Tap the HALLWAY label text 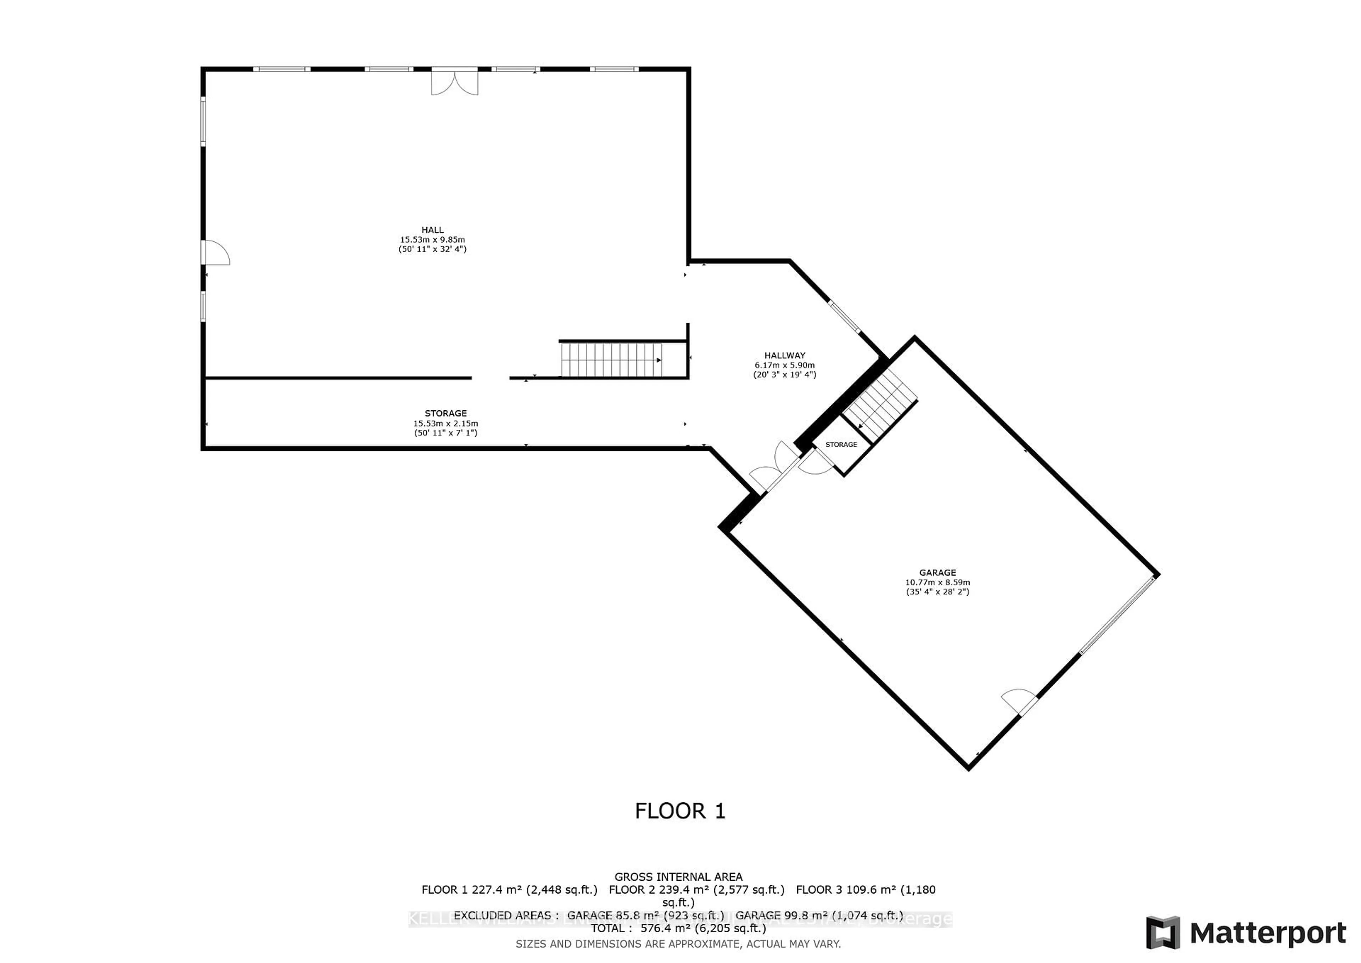tap(784, 356)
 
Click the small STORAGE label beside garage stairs tap(841, 444)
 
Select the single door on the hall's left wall tap(214, 252)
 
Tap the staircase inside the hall tap(611, 360)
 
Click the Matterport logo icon tap(1163, 933)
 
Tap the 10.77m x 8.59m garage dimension tap(937, 582)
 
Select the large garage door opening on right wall tap(1117, 615)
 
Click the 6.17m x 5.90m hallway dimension tap(784, 365)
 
